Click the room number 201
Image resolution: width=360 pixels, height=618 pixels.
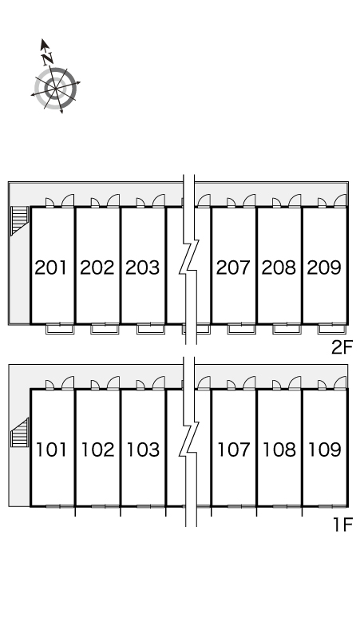(x=51, y=267)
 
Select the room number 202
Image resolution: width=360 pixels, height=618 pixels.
(x=97, y=267)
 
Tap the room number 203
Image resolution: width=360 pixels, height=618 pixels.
(x=143, y=267)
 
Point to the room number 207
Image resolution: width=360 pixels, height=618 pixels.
(x=234, y=267)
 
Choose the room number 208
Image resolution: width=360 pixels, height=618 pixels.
(x=279, y=267)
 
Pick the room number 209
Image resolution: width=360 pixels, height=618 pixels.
(x=324, y=267)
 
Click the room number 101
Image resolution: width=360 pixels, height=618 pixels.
(x=52, y=450)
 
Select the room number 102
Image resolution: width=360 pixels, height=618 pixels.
(x=97, y=450)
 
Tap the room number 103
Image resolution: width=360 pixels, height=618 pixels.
(x=143, y=450)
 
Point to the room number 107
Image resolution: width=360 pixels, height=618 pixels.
(x=234, y=450)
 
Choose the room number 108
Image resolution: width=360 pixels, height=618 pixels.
(x=279, y=450)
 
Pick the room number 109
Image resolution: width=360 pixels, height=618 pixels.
(x=325, y=450)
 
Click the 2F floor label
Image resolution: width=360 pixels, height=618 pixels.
(x=342, y=347)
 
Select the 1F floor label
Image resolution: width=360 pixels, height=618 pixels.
(x=342, y=525)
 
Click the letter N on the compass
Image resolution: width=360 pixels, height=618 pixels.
(x=48, y=59)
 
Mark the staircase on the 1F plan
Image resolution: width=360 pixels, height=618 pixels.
(x=20, y=433)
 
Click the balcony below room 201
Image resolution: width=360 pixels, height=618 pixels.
(x=60, y=329)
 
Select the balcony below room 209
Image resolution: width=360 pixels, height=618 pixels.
(x=332, y=329)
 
